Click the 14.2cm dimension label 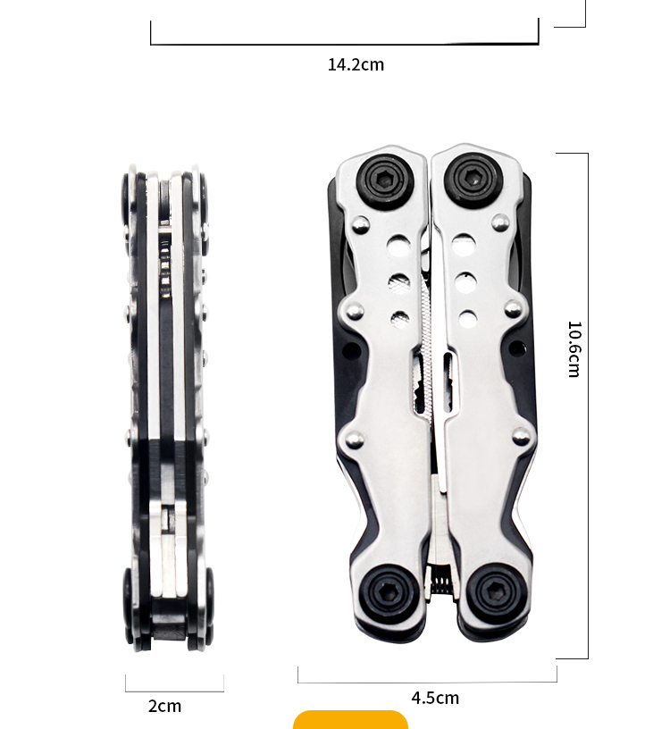[x=356, y=64]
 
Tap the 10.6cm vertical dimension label [x=574, y=348]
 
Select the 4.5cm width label [x=435, y=698]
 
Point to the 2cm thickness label [x=164, y=706]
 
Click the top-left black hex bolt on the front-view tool [x=385, y=180]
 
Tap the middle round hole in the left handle [x=399, y=283]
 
